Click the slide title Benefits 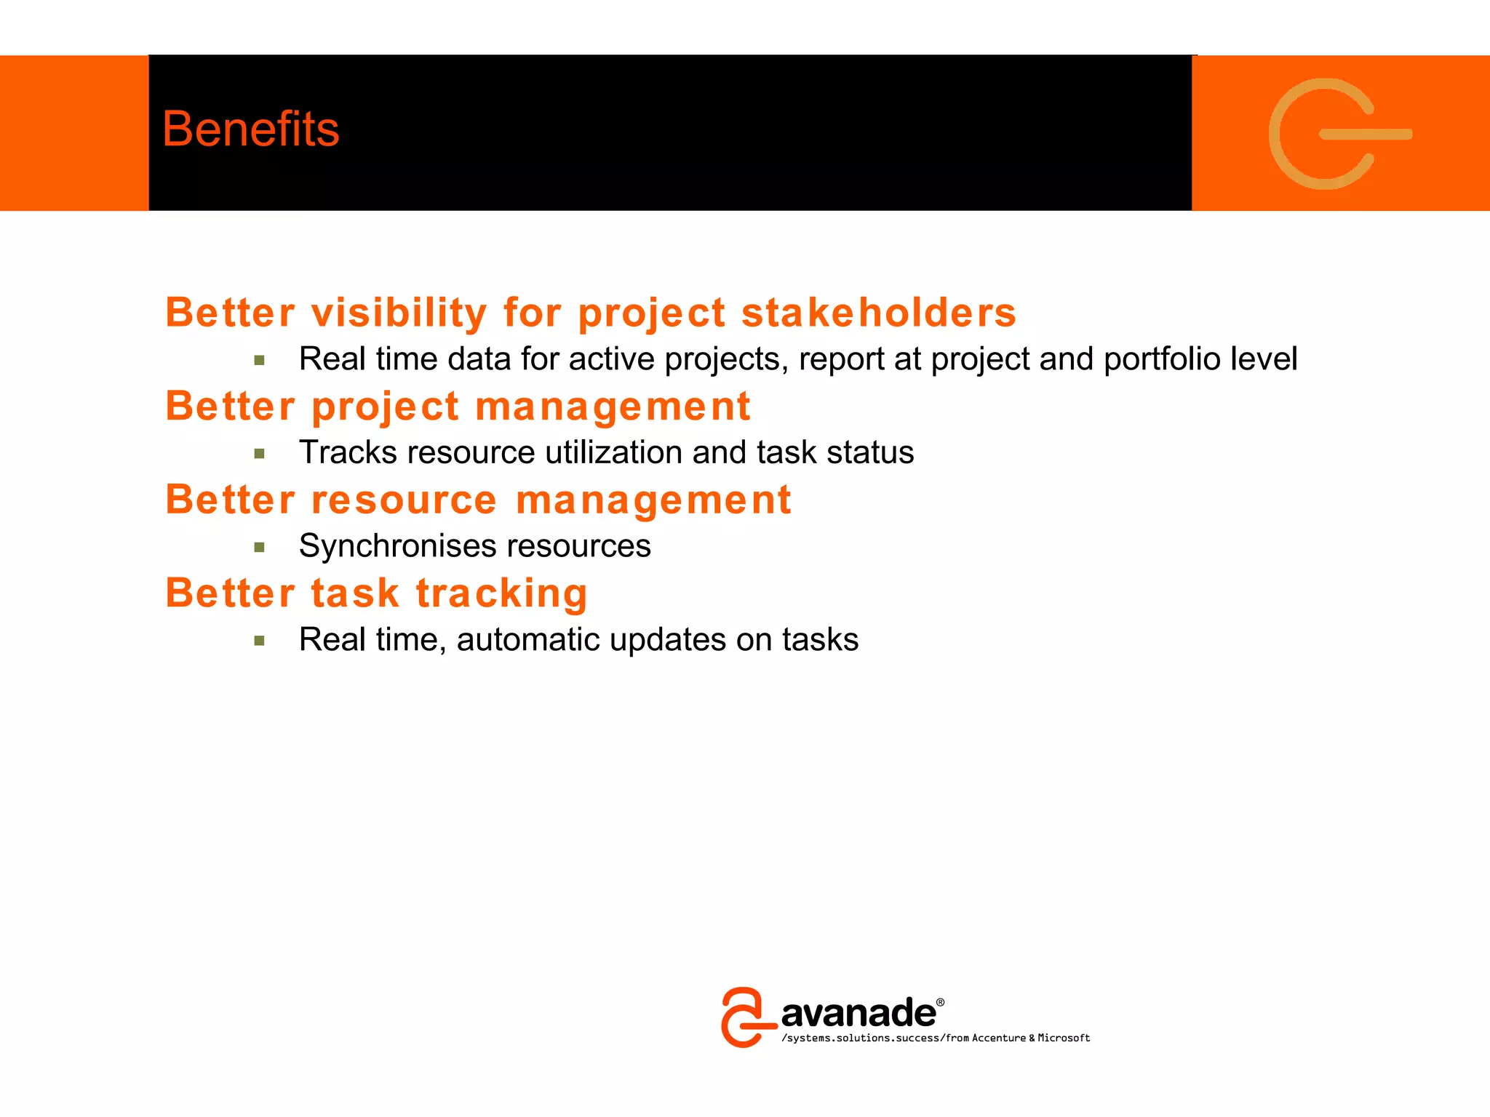tap(250, 129)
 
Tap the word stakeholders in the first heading tap(878, 313)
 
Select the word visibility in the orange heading tap(399, 313)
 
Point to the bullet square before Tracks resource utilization tap(259, 454)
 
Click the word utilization tap(614, 452)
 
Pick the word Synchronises tap(398, 546)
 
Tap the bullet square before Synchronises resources tap(259, 547)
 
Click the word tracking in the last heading tap(501, 593)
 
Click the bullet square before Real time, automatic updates tap(259, 641)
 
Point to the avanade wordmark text tap(858, 1013)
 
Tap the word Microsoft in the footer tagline tap(1064, 1038)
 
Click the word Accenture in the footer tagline tap(998, 1038)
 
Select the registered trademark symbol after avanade tap(940, 1002)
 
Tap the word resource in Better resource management tap(404, 500)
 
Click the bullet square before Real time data tap(259, 360)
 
